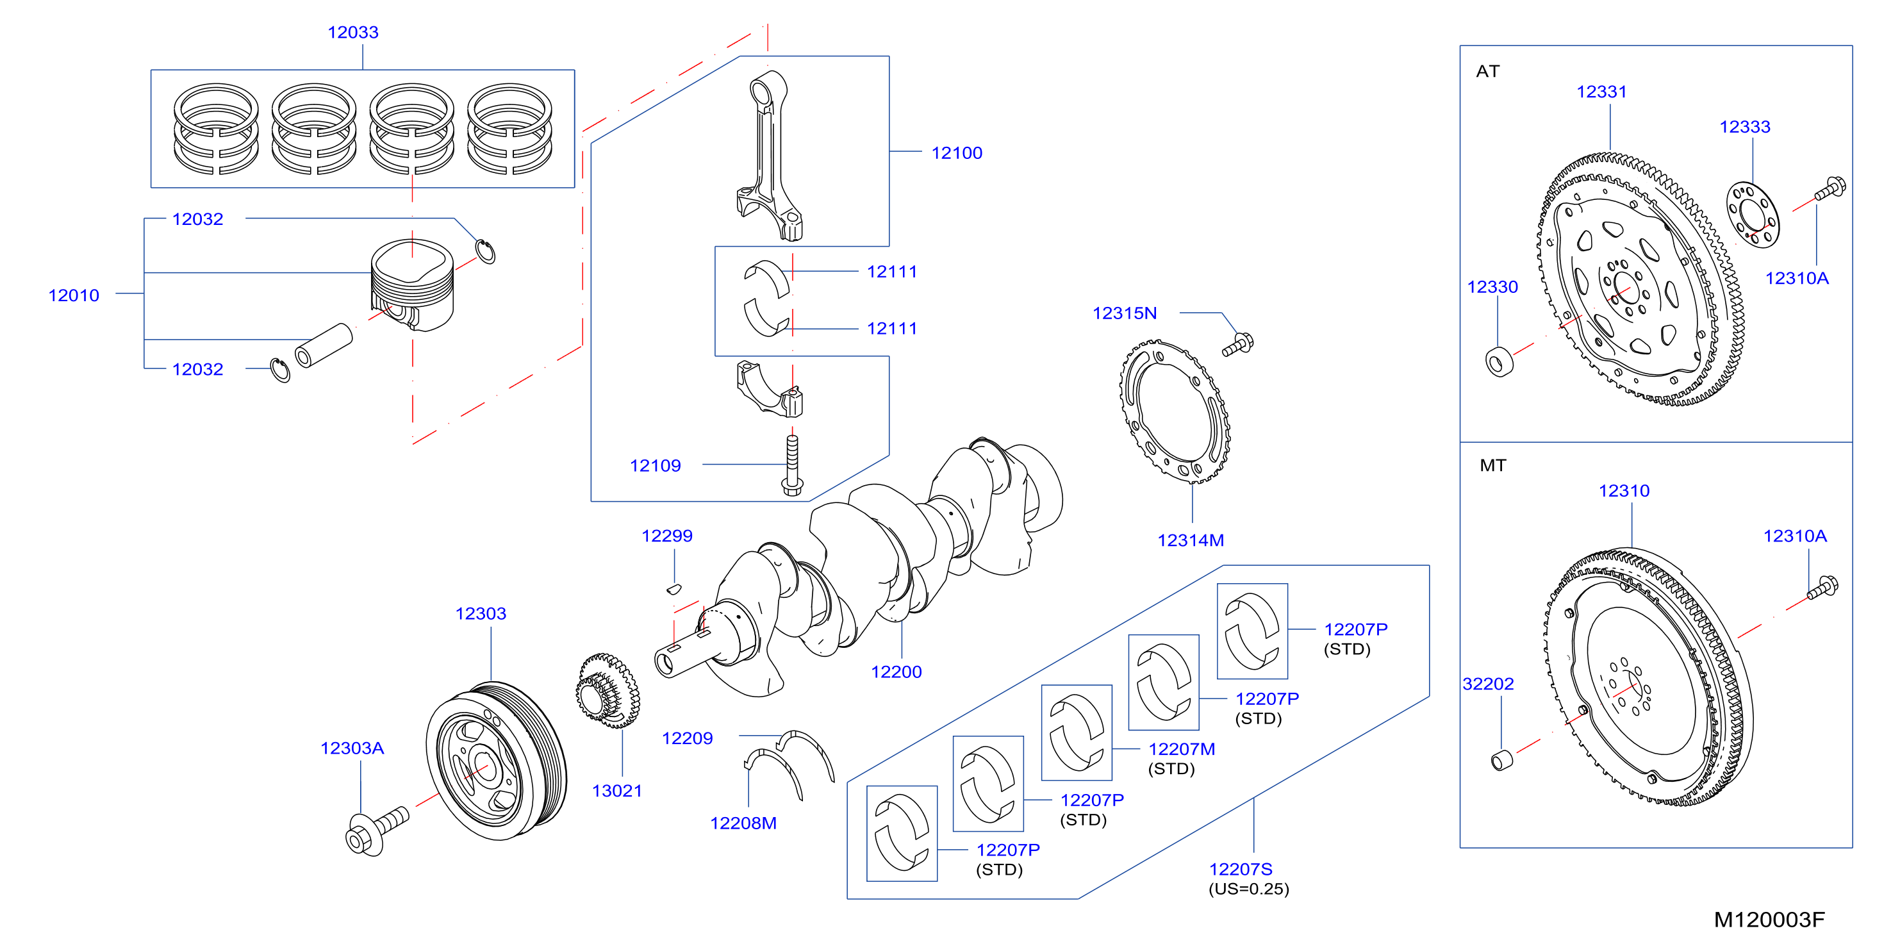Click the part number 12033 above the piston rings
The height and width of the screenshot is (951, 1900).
pyautogui.click(x=352, y=33)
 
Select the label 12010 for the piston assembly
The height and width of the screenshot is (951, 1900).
pyautogui.click(x=74, y=295)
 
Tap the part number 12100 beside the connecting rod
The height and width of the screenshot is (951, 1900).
pyautogui.click(x=957, y=153)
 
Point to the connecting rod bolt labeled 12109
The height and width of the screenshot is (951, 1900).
pyautogui.click(x=792, y=465)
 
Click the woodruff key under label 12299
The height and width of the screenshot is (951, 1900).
pyautogui.click(x=673, y=589)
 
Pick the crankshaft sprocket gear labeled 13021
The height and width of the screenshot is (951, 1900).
pyautogui.click(x=607, y=691)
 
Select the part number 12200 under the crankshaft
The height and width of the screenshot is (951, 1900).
pyautogui.click(x=896, y=672)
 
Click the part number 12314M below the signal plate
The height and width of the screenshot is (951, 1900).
pyautogui.click(x=1191, y=540)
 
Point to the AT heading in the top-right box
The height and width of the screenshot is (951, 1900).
pyautogui.click(x=1488, y=72)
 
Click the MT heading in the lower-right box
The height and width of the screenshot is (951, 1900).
pyautogui.click(x=1493, y=465)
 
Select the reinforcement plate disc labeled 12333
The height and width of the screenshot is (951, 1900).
pyautogui.click(x=1753, y=215)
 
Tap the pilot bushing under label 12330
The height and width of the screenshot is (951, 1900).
pyautogui.click(x=1499, y=361)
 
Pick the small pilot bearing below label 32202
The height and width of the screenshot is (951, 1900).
pyautogui.click(x=1501, y=760)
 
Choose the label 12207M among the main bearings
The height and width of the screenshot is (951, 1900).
pyautogui.click(x=1182, y=749)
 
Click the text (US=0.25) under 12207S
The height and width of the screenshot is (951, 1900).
pyautogui.click(x=1249, y=889)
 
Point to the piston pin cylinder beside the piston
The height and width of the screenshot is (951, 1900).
pyautogui.click(x=323, y=345)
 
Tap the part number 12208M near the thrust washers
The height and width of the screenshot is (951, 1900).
pyautogui.click(x=743, y=823)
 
